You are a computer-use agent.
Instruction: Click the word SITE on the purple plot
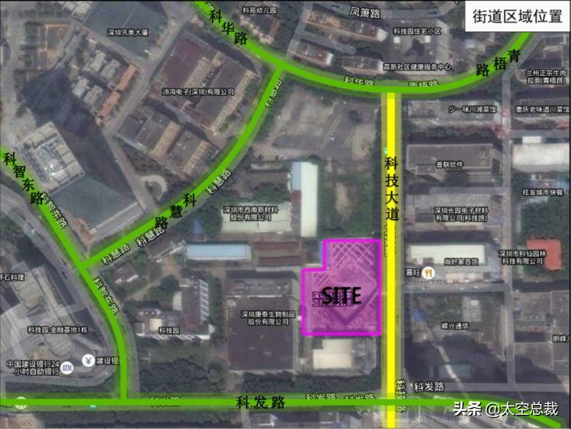pos(341,295)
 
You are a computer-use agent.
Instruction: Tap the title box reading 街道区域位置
pos(517,16)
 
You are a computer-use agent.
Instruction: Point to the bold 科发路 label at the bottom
pos(261,402)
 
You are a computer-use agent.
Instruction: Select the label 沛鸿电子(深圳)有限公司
pos(198,91)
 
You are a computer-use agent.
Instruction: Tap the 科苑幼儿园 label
pos(240,11)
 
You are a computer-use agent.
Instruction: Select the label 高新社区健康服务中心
pos(417,67)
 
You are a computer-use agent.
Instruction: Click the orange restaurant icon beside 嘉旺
pos(430,272)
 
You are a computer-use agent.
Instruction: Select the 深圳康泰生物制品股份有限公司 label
pos(260,318)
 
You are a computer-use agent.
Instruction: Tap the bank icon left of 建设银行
pos(87,360)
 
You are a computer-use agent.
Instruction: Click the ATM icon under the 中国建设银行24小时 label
pos(66,367)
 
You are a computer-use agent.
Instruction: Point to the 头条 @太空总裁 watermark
pos(506,409)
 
